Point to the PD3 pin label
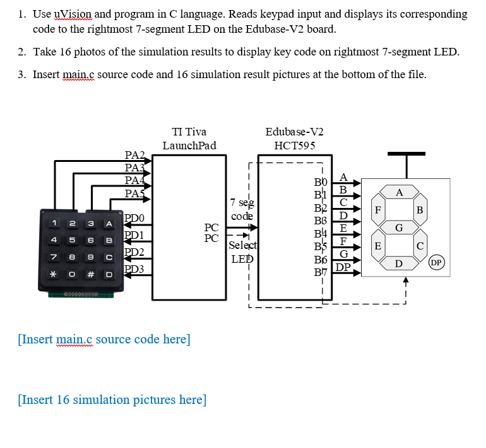(134, 270)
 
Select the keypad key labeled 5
(74, 240)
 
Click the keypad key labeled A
(109, 224)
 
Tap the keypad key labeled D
(109, 275)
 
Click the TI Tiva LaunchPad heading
(189, 139)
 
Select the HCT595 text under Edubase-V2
(294, 146)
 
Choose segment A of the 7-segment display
(399, 192)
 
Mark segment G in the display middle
(399, 226)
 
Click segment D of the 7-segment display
(399, 261)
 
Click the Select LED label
(242, 251)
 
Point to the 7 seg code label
(242, 209)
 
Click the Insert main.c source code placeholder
(104, 340)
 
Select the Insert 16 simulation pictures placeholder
(112, 400)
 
